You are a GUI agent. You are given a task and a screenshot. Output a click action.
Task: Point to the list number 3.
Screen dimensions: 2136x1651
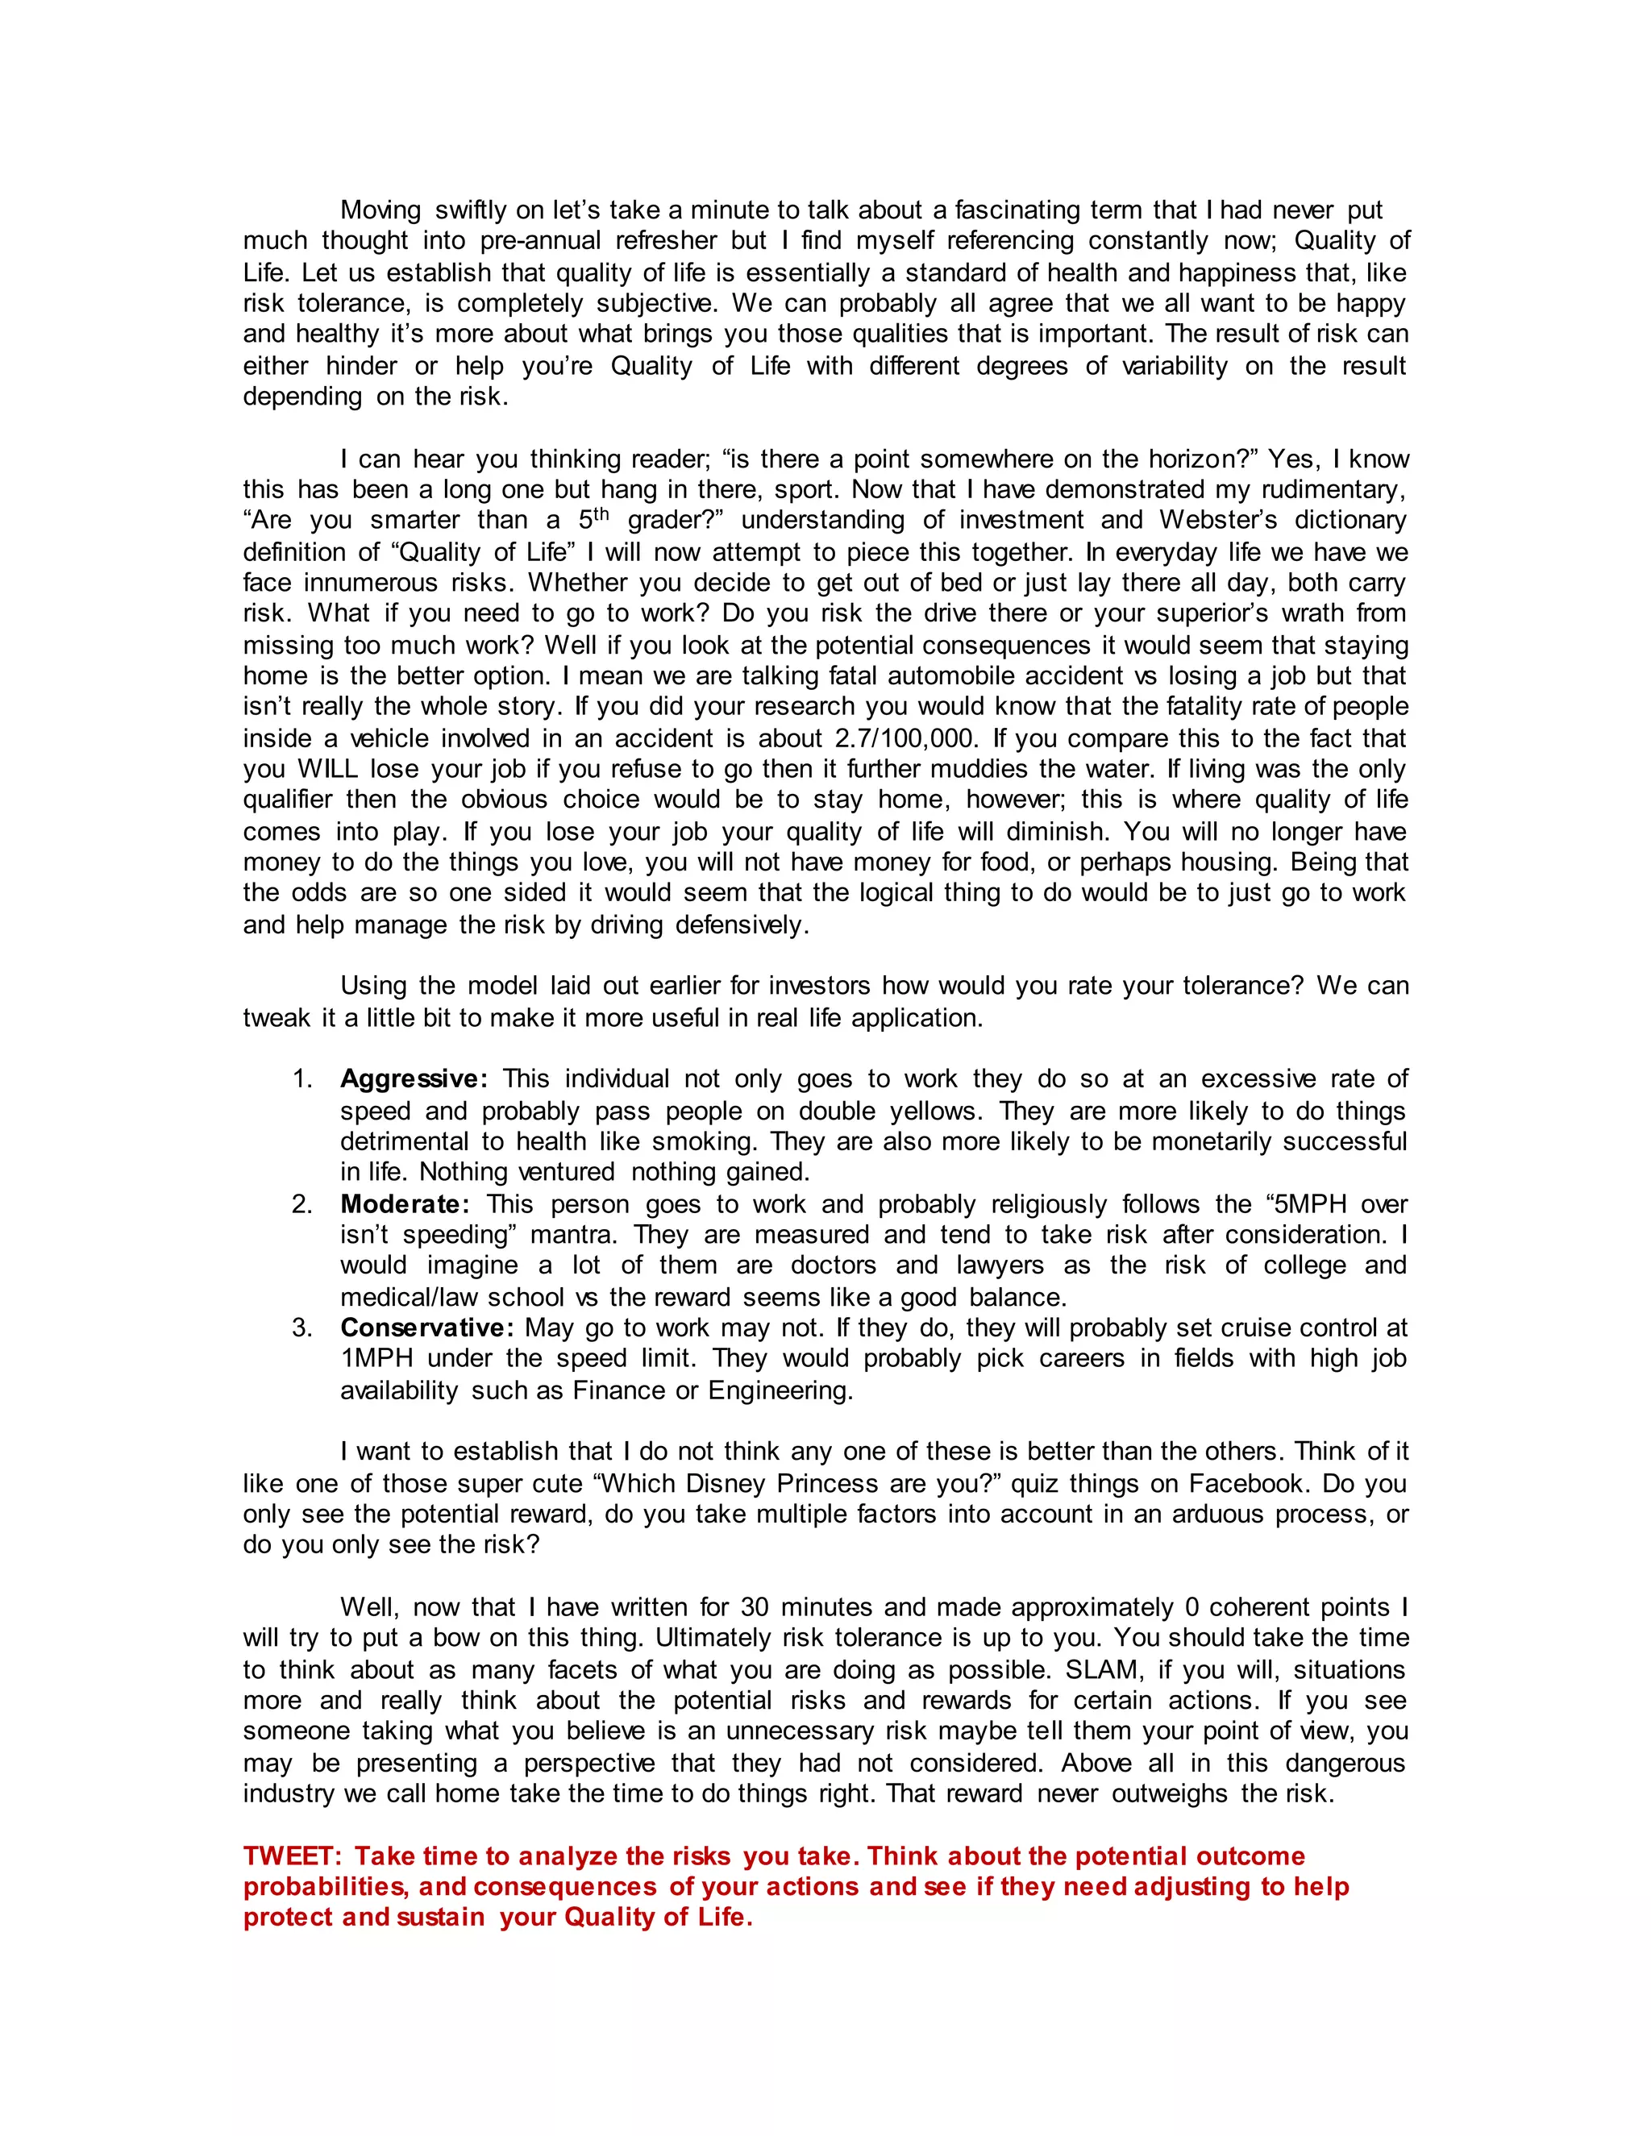[x=302, y=1328]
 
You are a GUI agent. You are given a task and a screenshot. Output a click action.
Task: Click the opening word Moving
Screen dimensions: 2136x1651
[x=380, y=210]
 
